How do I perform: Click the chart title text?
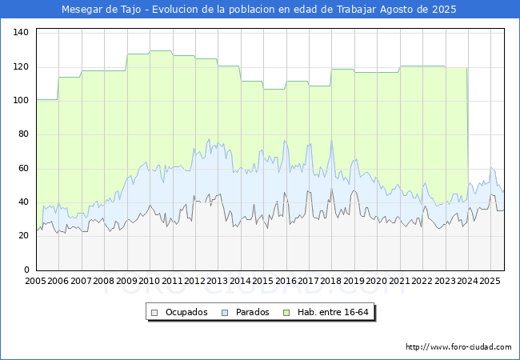pyautogui.click(x=259, y=10)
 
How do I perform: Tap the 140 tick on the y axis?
pyautogui.click(x=21, y=32)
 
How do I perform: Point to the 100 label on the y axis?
pyautogui.click(x=21, y=100)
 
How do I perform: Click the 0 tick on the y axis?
pyautogui.click(x=26, y=270)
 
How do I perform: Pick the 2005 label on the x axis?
pyautogui.click(x=36, y=281)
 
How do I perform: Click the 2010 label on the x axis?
pyautogui.click(x=150, y=281)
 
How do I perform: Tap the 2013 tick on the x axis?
pyautogui.click(x=218, y=281)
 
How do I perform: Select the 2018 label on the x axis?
pyautogui.click(x=331, y=281)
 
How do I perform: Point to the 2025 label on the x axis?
pyautogui.click(x=490, y=281)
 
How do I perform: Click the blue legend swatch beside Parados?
pyautogui.click(x=226, y=312)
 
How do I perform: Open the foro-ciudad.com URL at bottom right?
pyautogui.click(x=458, y=347)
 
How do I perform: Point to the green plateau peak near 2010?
pyautogui.click(x=160, y=51)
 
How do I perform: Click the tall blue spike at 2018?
pyautogui.click(x=331, y=142)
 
